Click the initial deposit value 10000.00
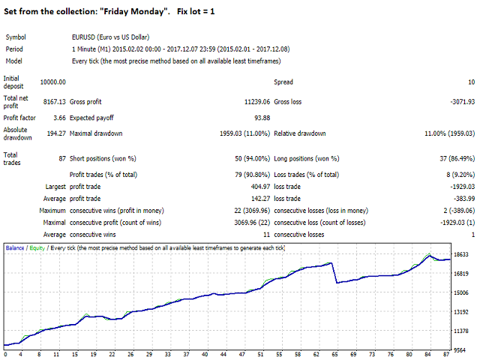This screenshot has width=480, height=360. [x=52, y=82]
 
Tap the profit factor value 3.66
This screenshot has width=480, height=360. [x=58, y=117]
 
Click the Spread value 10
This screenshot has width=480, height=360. [x=470, y=82]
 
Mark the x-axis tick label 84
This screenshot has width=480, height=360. [x=427, y=355]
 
